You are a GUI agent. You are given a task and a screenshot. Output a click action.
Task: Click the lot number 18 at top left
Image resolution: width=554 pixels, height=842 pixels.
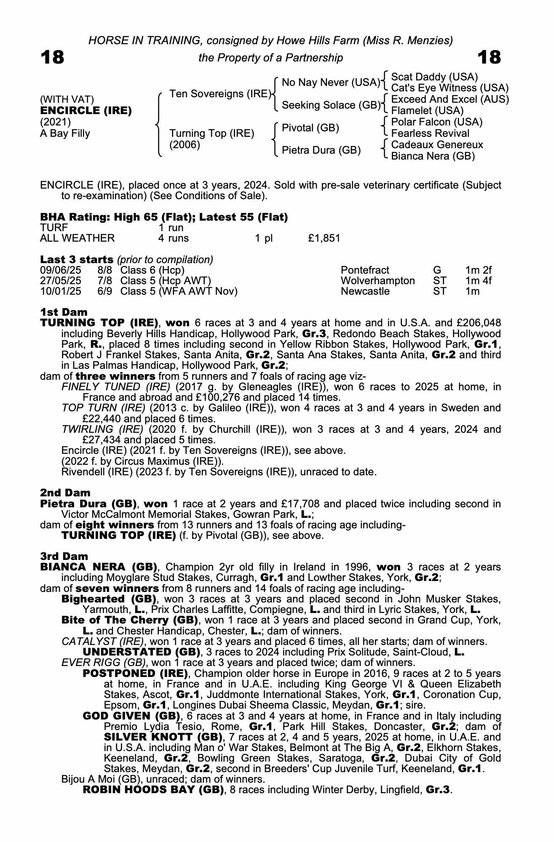pyautogui.click(x=52, y=57)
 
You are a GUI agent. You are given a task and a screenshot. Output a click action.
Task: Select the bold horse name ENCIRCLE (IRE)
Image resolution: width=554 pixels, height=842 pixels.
pyautogui.click(x=86, y=111)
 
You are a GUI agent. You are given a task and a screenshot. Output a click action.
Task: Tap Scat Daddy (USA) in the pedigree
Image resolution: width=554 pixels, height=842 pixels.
pyautogui.click(x=434, y=77)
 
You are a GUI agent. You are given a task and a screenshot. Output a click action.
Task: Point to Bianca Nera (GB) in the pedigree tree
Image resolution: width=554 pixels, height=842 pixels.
pyautogui.click(x=433, y=156)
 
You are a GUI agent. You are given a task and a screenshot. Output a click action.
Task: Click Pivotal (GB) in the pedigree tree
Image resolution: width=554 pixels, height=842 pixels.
pyautogui.click(x=310, y=128)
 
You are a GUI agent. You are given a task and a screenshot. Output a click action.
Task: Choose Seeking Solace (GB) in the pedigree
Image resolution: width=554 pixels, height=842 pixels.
pyautogui.click(x=331, y=105)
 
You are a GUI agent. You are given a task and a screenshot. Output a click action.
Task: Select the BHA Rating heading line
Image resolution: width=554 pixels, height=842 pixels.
pyautogui.click(x=164, y=217)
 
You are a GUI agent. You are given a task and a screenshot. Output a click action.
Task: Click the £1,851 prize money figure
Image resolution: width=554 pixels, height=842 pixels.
pyautogui.click(x=324, y=238)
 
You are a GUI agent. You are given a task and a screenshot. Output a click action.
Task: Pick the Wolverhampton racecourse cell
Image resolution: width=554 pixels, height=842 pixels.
pyautogui.click(x=377, y=281)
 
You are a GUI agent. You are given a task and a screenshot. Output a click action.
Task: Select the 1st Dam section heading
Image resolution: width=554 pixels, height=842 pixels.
pyautogui.click(x=64, y=312)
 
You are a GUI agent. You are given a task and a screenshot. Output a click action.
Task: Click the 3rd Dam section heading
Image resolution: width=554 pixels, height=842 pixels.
pyautogui.click(x=64, y=557)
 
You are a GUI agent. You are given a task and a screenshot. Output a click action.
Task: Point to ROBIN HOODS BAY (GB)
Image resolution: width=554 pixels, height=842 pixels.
pyautogui.click(x=153, y=790)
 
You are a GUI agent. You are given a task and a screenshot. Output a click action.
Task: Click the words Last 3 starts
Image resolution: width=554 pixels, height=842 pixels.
pyautogui.click(x=77, y=260)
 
